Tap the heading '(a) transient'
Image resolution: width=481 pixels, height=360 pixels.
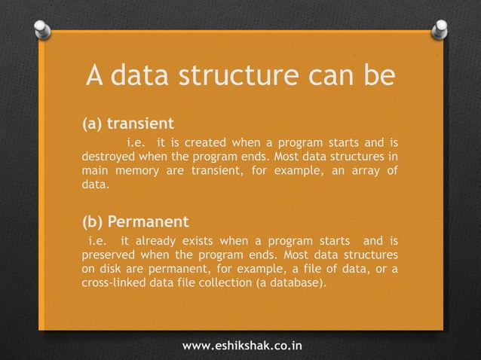pos(127,122)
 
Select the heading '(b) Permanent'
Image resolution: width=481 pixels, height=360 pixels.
pos(135,222)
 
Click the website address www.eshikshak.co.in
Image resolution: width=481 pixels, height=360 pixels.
pos(243,346)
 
